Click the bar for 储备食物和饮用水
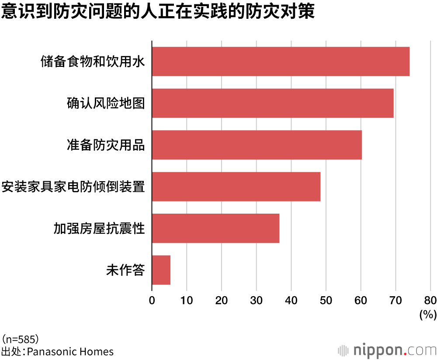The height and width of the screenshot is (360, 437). tap(281, 62)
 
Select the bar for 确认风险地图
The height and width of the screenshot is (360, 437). tap(273, 103)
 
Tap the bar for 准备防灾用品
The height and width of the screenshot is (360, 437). tap(257, 145)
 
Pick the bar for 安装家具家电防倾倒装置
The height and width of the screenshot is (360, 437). tap(236, 187)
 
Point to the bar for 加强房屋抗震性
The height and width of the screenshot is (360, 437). tap(215, 228)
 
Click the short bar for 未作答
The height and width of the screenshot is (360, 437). tap(161, 270)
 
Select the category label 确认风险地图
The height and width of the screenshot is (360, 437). tap(105, 103)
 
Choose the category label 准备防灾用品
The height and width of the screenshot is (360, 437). tap(105, 145)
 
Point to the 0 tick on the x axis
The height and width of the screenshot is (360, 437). tap(152, 300)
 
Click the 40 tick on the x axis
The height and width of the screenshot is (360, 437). tap(291, 300)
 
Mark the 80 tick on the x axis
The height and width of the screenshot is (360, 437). tap(430, 300)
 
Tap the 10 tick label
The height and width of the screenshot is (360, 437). tap(187, 300)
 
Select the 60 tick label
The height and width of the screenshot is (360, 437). tap(361, 300)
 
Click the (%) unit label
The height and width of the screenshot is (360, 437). tap(428, 314)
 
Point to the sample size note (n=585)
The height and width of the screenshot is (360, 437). tap(21, 339)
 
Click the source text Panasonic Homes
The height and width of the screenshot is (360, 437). tap(70, 351)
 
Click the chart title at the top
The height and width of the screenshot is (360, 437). tap(158, 12)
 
